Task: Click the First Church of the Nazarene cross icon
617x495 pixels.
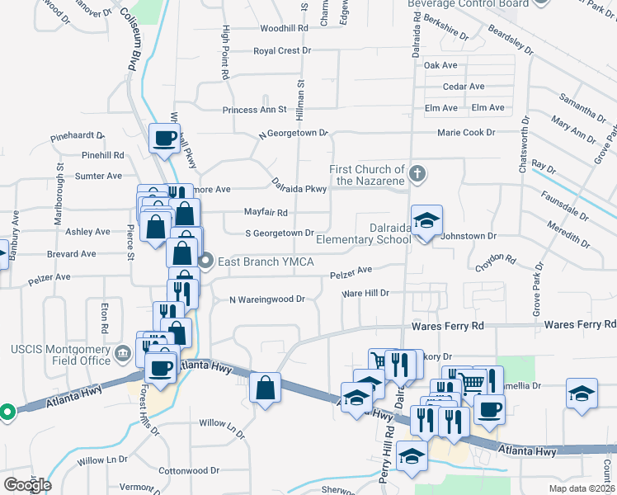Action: point(418,174)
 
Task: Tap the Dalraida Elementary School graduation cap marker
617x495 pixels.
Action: point(426,221)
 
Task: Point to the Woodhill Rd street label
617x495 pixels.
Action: point(284,28)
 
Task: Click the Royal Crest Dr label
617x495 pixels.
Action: point(282,51)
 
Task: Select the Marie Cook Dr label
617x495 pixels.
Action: point(466,132)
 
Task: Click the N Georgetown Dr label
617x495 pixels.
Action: point(294,133)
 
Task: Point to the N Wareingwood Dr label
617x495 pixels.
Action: point(266,299)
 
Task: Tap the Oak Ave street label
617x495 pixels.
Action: point(440,65)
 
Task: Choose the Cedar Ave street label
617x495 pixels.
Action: point(463,87)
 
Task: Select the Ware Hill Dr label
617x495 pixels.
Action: point(365,293)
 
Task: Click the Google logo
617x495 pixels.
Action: point(27,484)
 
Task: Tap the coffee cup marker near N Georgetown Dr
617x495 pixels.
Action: point(164,138)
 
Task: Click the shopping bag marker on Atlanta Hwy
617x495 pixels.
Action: point(265,388)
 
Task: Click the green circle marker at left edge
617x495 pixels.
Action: point(7,411)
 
